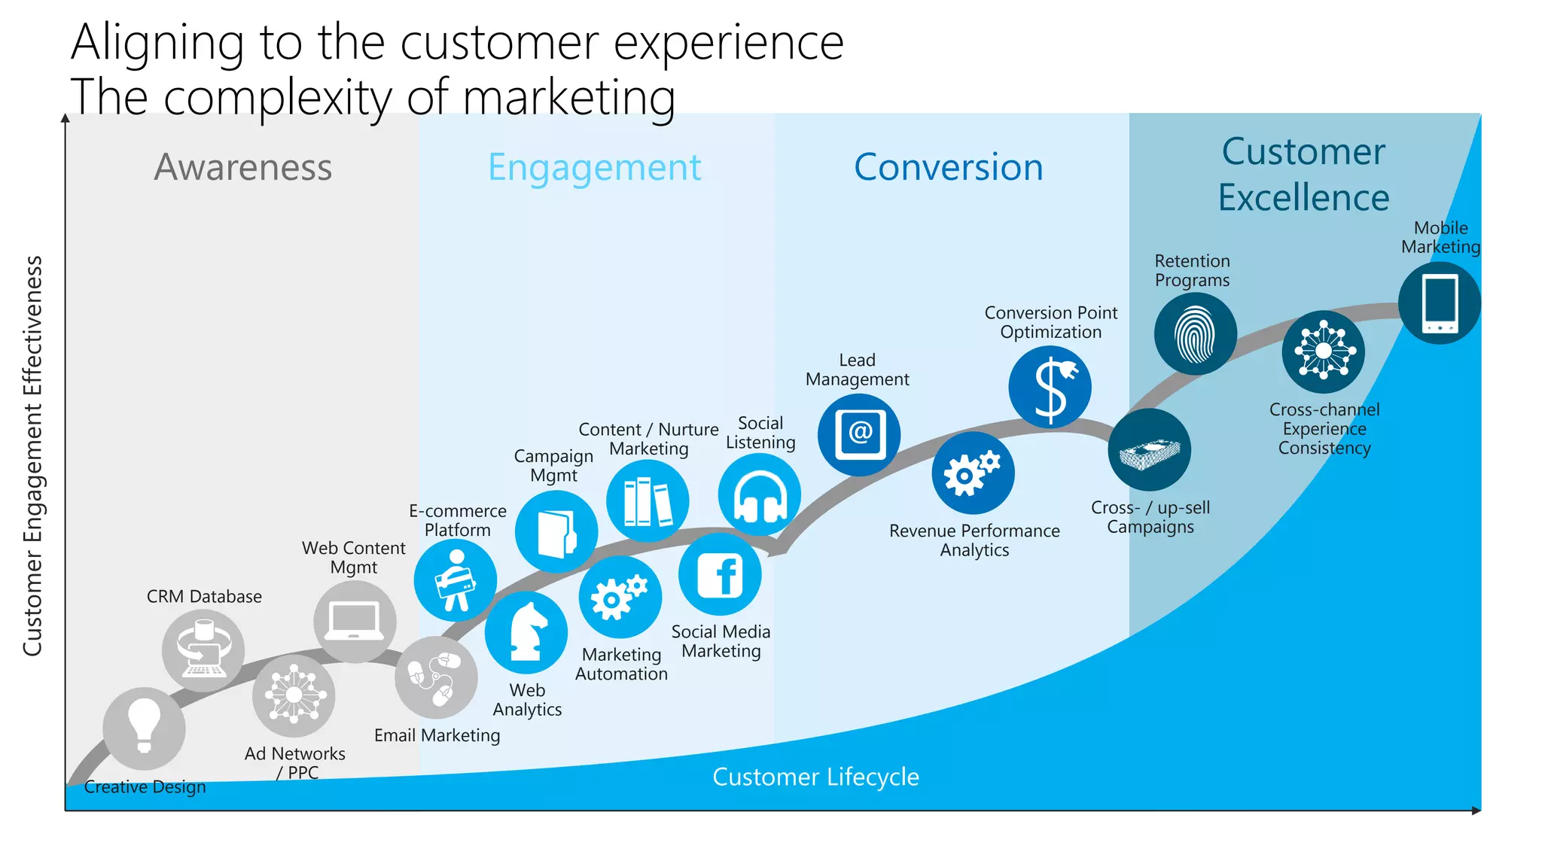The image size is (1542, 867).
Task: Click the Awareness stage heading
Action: [243, 167]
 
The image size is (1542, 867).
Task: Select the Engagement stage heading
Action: [594, 167]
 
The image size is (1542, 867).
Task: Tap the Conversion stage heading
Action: [948, 167]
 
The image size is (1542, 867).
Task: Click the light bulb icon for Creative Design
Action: [144, 728]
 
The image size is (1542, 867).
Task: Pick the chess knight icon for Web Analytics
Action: [526, 632]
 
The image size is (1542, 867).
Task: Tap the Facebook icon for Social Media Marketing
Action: [720, 575]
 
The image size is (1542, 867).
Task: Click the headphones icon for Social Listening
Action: [760, 495]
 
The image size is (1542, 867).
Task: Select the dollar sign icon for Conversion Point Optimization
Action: [1050, 388]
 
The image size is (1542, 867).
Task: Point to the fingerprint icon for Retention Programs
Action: [1195, 334]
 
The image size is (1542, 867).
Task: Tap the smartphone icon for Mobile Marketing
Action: [1440, 303]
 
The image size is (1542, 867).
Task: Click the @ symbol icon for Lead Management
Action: [859, 434]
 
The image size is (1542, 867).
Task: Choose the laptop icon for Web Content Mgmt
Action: [355, 622]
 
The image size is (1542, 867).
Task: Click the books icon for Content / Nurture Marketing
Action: [648, 501]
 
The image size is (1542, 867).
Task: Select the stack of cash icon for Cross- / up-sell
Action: [1149, 451]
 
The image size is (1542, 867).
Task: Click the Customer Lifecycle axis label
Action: [815, 777]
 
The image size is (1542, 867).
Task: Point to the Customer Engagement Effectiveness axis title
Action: [32, 456]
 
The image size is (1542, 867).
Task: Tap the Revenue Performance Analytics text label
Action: [974, 540]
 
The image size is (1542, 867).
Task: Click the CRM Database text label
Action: [204, 597]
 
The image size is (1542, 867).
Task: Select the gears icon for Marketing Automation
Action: [620, 598]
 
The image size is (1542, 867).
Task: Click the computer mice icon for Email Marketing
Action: [436, 677]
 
